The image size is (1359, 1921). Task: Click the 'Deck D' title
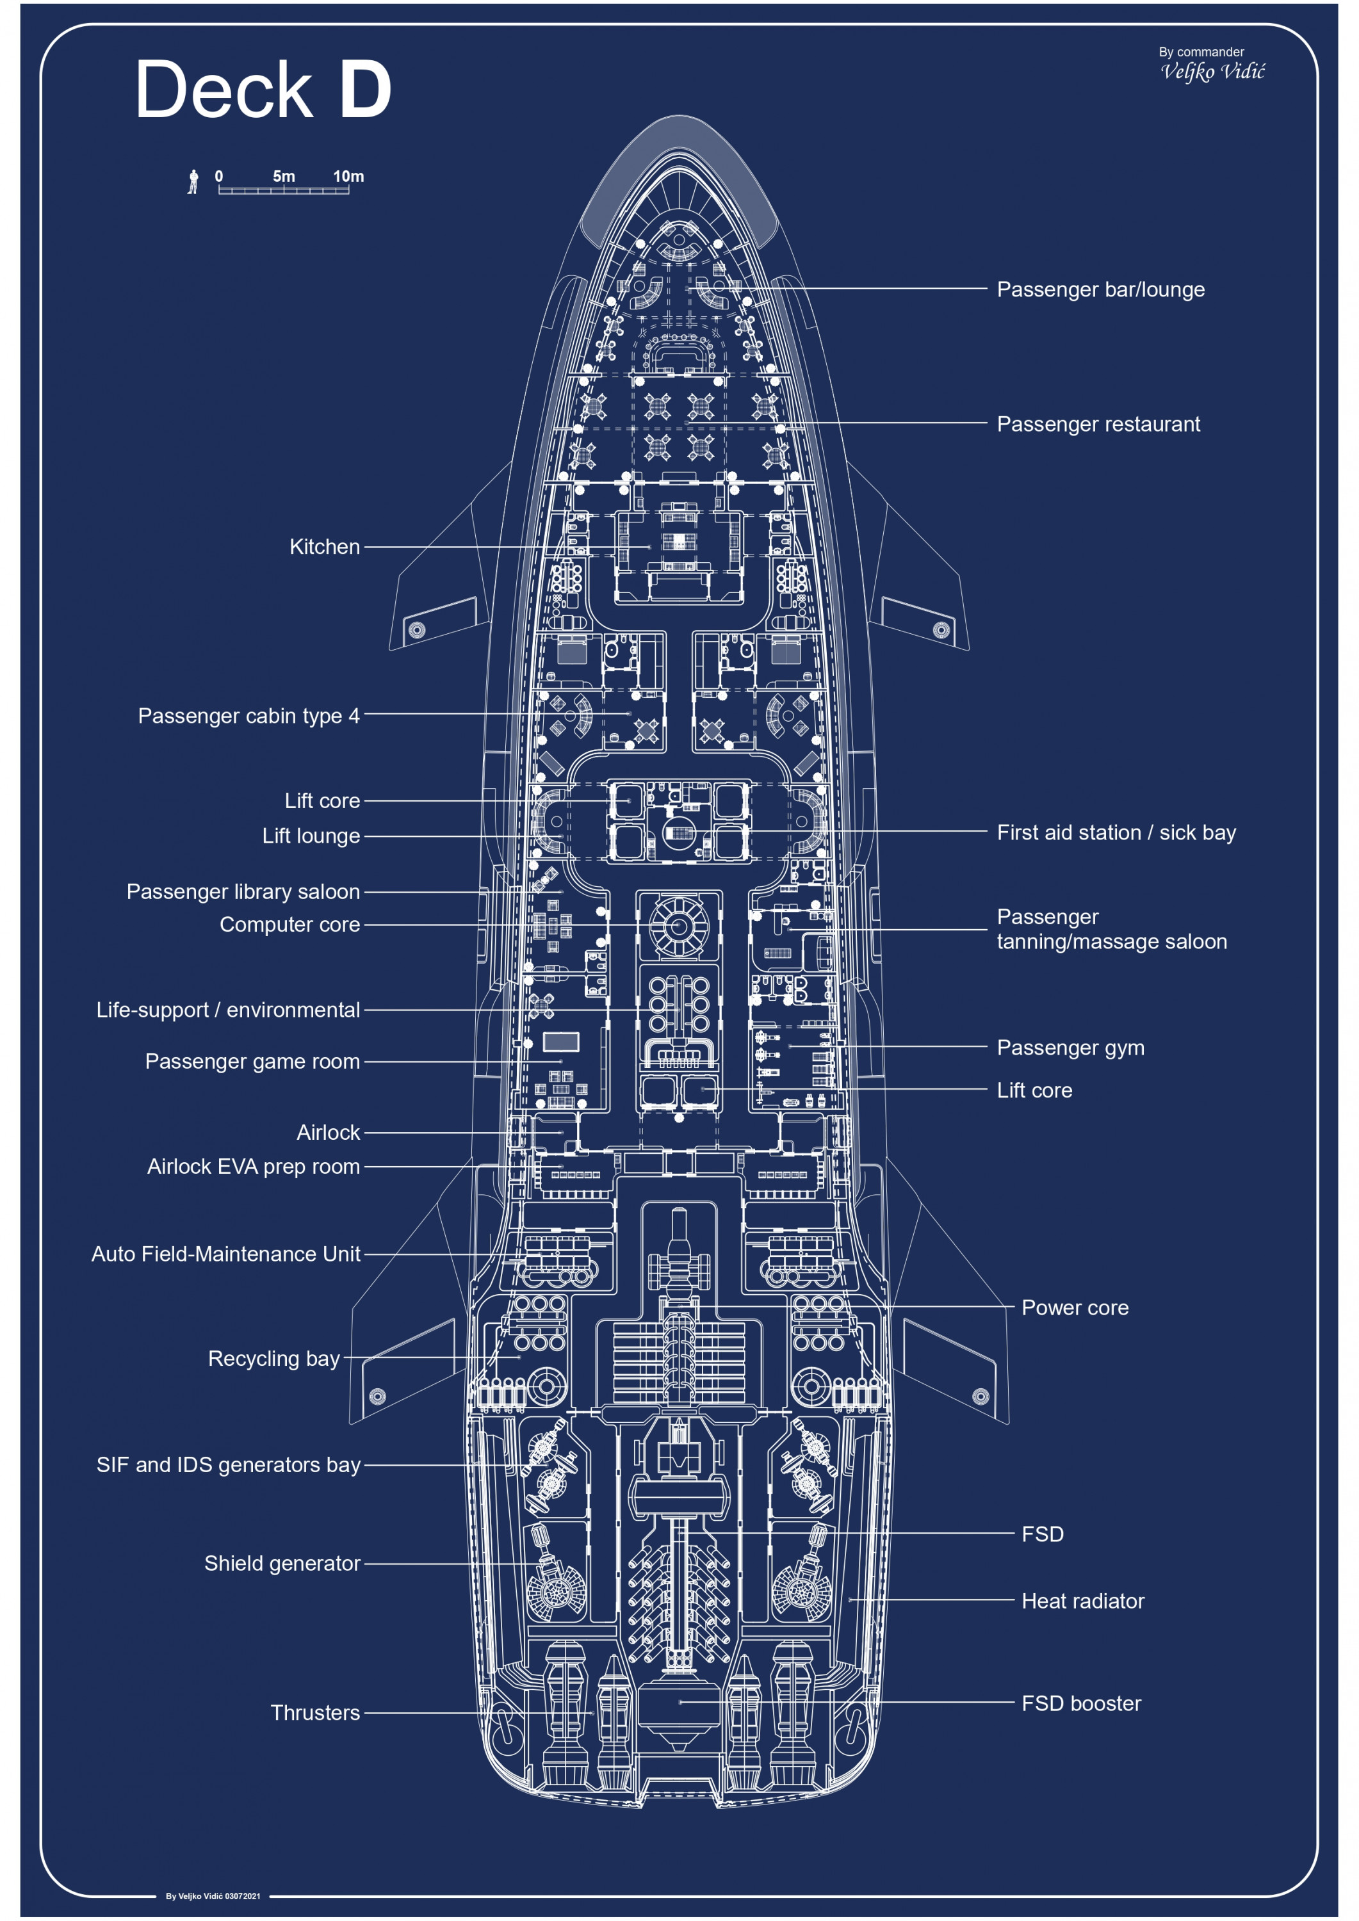point(263,90)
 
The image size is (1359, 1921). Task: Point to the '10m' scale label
point(348,177)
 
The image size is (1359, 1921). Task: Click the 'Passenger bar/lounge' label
point(1100,289)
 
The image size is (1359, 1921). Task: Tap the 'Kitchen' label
point(324,547)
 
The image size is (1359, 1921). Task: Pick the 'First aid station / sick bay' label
point(1116,832)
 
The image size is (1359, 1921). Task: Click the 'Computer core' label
point(289,925)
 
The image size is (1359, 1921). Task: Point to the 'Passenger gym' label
point(1070,1048)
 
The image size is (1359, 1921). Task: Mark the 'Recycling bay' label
point(273,1359)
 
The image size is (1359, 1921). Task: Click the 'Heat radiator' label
point(1082,1601)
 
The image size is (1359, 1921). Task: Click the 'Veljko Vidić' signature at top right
point(1212,72)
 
